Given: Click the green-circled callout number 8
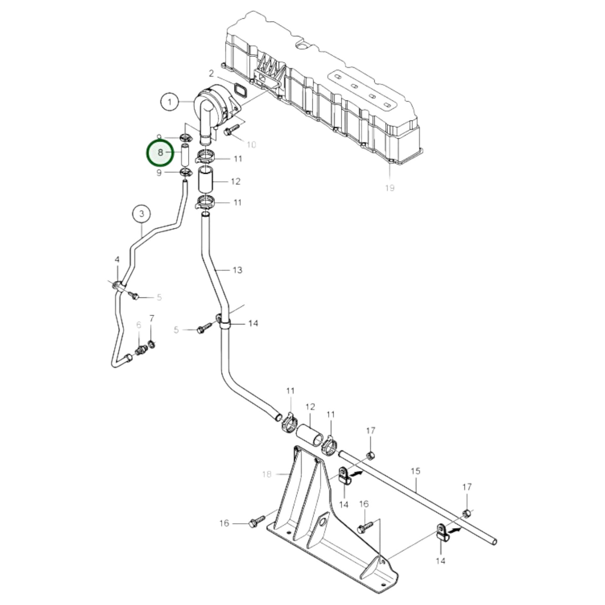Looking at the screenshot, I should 160,153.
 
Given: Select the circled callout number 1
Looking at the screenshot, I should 170,102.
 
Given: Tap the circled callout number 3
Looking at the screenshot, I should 142,214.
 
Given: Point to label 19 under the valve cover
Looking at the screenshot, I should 389,188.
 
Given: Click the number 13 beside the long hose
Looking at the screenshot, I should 237,270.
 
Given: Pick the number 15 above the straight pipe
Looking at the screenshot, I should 415,471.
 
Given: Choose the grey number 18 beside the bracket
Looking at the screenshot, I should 267,474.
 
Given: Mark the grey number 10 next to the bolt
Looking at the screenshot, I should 251,145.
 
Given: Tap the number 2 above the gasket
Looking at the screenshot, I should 211,74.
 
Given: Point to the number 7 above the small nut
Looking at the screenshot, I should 152,319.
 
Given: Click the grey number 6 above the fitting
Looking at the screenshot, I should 139,325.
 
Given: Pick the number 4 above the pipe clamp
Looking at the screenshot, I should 117,260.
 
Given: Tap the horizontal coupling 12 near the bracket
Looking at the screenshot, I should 310,433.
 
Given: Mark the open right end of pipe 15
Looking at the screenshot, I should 494,542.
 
